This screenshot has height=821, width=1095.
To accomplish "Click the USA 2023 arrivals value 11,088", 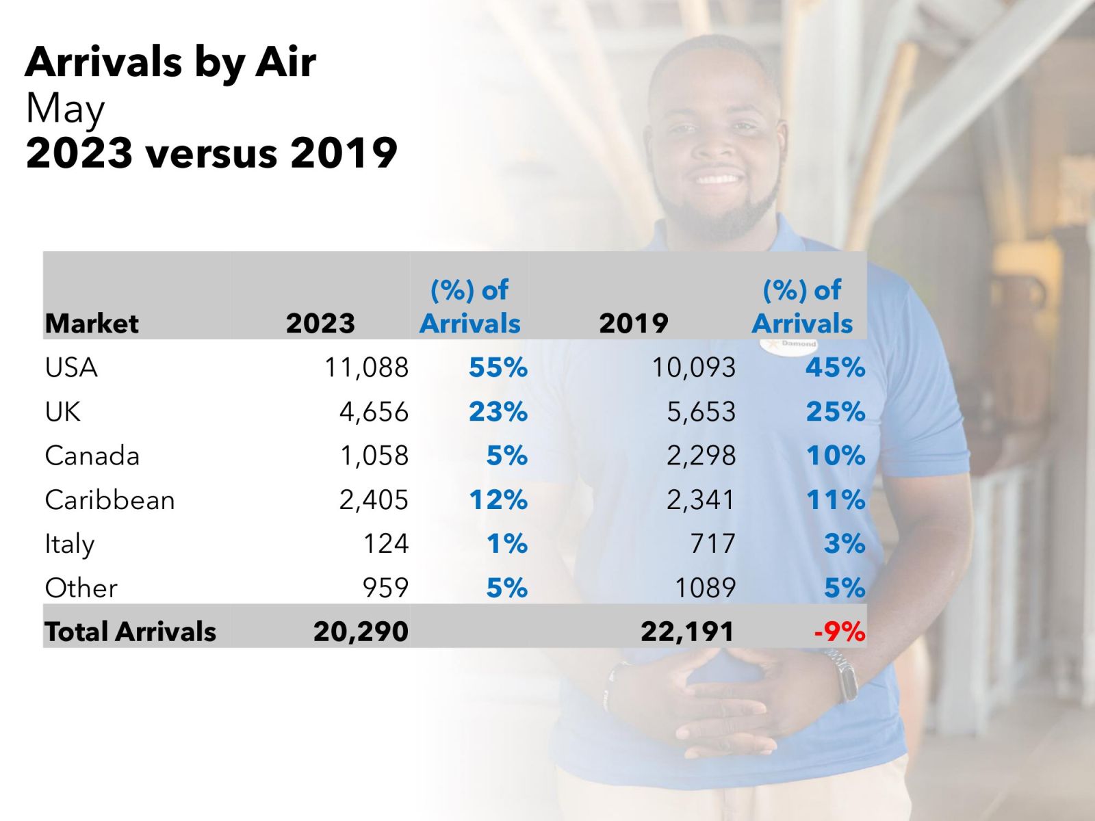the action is (x=366, y=368).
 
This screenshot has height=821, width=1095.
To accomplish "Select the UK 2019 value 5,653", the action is (x=701, y=413).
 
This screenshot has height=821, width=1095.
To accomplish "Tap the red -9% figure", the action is (x=840, y=631).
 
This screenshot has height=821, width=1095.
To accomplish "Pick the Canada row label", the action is (x=92, y=456).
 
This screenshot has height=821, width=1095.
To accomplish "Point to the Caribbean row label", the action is (x=109, y=499).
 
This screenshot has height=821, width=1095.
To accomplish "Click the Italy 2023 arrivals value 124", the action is (x=385, y=543).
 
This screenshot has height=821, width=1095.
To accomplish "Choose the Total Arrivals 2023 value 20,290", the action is (x=361, y=631).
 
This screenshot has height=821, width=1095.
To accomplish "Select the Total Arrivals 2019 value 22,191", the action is (x=687, y=631).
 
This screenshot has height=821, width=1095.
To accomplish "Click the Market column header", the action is (x=92, y=324).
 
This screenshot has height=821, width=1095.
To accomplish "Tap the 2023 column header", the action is (x=320, y=324).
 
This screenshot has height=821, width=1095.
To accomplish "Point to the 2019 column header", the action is (x=634, y=324).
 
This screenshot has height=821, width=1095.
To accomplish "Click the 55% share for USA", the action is (x=498, y=368).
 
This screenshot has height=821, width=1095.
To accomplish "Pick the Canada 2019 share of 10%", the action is (x=836, y=456).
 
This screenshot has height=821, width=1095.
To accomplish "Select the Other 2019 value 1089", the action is (x=706, y=588).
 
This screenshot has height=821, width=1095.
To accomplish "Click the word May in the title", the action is (x=65, y=109).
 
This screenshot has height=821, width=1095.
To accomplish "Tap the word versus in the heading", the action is (x=211, y=153).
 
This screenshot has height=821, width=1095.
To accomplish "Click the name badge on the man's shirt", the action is (x=788, y=344).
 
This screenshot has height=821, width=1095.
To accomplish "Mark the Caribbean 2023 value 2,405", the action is (x=374, y=499).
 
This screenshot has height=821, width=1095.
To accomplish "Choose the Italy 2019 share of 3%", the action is (x=845, y=543).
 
